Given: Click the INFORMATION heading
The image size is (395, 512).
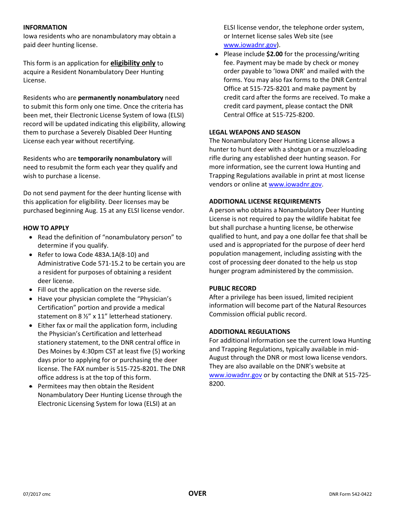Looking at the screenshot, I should [45, 27].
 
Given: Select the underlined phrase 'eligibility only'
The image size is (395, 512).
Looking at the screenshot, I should [133, 63].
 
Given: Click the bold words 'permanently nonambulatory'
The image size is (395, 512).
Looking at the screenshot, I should [121, 98].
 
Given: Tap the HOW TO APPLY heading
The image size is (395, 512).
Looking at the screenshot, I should [46, 228].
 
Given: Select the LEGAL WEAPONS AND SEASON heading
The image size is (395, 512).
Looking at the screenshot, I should [254, 132].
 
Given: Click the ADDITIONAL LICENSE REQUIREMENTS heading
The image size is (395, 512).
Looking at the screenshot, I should [265, 201].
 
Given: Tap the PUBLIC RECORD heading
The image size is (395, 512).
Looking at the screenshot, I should [232, 288].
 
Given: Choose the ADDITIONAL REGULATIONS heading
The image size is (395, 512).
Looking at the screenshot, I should [249, 332].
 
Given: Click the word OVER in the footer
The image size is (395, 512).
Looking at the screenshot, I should [197, 493].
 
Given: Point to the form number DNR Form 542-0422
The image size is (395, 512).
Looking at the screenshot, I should [350, 495].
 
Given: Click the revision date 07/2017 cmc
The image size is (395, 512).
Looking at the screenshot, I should [37, 495].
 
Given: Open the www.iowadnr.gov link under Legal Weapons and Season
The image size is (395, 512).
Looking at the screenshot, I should [295, 184].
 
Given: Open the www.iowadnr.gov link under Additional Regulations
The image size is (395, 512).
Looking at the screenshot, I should [235, 375].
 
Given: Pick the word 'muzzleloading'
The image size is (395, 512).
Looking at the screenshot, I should [347, 149].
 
